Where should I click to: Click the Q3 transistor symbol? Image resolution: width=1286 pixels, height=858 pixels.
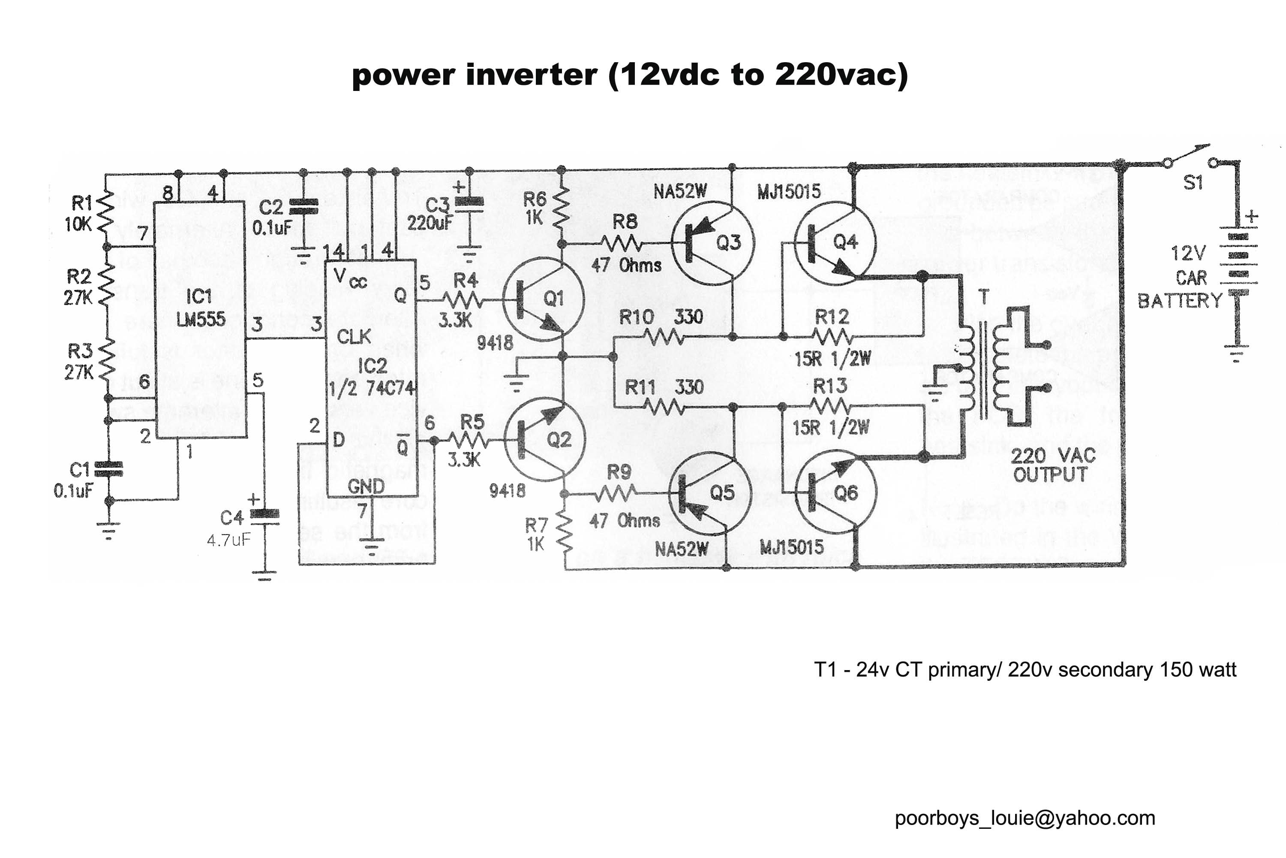712,243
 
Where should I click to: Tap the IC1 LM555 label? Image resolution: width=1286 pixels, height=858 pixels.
200,308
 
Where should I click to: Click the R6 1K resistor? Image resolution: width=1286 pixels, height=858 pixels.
562,208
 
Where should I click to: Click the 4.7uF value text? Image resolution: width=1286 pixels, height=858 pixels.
228,541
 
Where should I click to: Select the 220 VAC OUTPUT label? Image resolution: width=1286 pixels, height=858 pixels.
1052,465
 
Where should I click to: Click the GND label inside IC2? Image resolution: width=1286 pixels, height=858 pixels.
366,486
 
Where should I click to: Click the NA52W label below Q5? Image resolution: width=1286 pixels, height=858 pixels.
681,549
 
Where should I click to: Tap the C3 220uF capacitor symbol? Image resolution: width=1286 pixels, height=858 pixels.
469,203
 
